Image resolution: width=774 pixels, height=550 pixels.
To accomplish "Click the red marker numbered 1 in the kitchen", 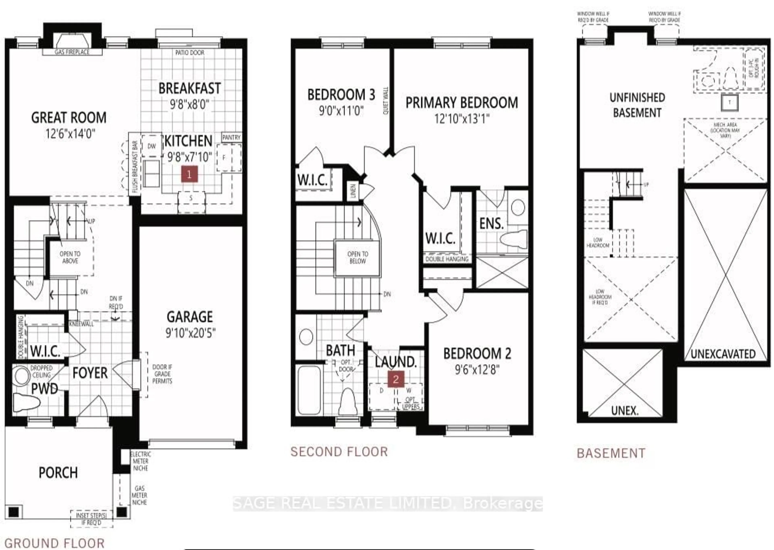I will point(189,174).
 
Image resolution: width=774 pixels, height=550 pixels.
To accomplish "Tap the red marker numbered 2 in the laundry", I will point(396,379).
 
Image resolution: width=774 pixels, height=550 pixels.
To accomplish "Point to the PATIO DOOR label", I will point(190,53).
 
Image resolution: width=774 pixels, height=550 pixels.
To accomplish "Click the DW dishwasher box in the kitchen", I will point(152,146).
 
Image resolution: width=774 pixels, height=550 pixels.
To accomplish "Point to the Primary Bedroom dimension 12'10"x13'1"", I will point(462,119).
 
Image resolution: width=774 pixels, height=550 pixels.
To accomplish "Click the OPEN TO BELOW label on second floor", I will point(358,257).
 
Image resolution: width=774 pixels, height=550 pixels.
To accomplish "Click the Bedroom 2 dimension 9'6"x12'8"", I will point(477,370).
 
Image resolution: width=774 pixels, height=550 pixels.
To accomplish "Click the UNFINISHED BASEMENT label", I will point(637,105).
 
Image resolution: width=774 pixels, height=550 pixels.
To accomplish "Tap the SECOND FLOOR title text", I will point(339,452).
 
